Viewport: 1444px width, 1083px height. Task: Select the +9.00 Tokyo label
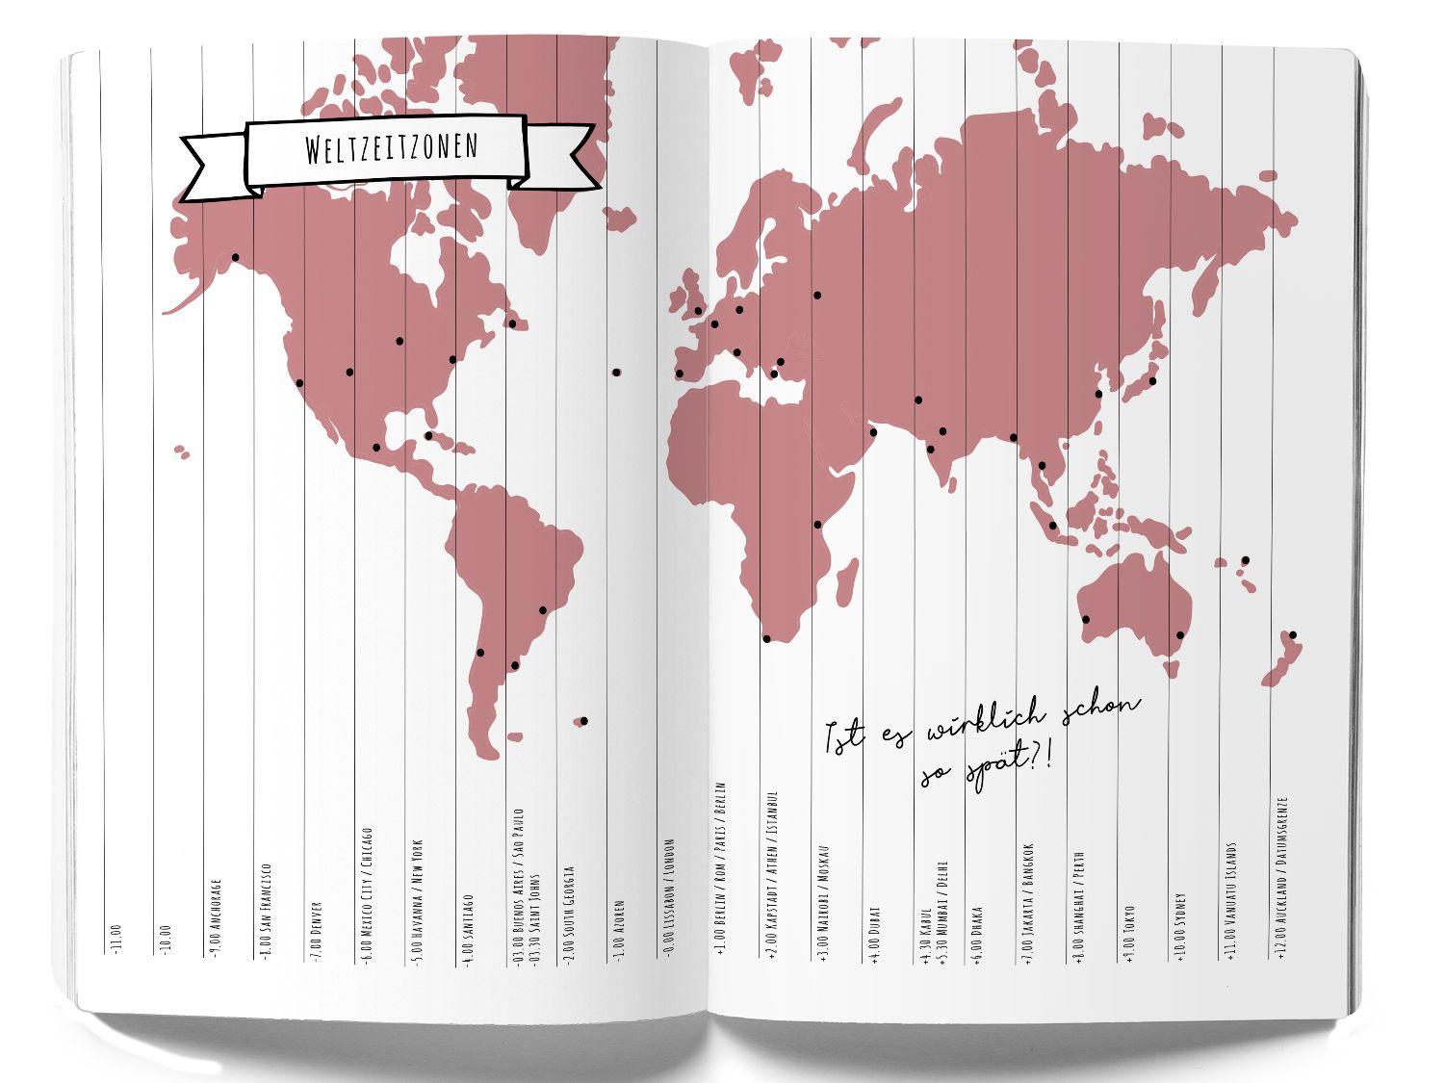tap(1129, 930)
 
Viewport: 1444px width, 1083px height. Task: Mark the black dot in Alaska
tap(235, 257)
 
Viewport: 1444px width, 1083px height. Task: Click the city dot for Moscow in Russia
tap(817, 295)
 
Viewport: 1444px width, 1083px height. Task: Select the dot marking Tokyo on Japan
tap(1152, 380)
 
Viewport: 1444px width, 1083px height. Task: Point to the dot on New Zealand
tap(1293, 634)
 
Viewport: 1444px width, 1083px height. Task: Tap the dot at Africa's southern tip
tap(766, 638)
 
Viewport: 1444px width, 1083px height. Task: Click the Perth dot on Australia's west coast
tap(1086, 619)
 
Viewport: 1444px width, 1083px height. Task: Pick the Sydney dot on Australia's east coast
tap(1179, 635)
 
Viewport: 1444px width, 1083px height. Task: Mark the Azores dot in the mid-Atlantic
tap(616, 372)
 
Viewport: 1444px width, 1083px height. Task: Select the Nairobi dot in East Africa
tap(817, 525)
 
